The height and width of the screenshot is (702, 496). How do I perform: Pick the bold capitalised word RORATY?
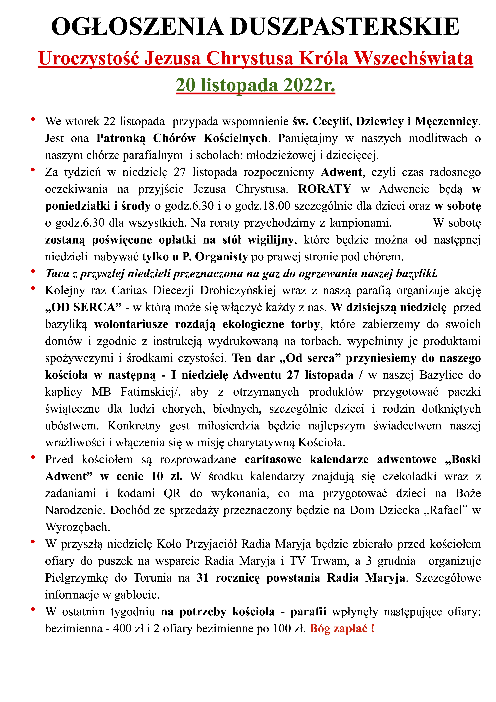[325, 189]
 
